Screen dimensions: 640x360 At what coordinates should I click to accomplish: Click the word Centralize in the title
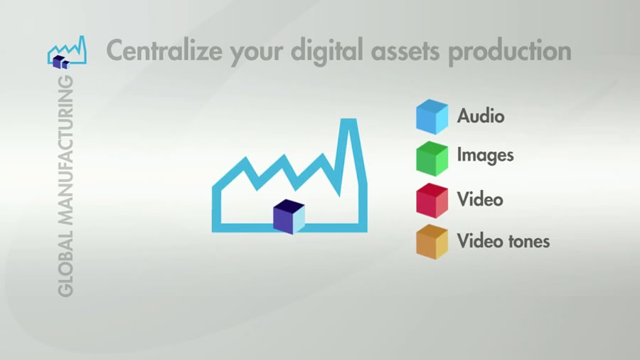pyautogui.click(x=164, y=51)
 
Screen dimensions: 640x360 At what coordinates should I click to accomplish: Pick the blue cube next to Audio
pyautogui.click(x=432, y=117)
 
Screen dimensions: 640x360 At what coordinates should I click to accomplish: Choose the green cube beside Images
pyautogui.click(x=432, y=159)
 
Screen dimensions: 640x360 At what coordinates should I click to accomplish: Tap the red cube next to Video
pyautogui.click(x=432, y=201)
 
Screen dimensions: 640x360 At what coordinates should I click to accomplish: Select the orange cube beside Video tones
pyautogui.click(x=432, y=242)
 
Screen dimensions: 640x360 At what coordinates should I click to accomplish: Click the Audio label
pyautogui.click(x=481, y=116)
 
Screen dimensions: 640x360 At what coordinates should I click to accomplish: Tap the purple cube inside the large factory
pyautogui.click(x=289, y=217)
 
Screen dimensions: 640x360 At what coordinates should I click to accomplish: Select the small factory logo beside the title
pyautogui.click(x=67, y=52)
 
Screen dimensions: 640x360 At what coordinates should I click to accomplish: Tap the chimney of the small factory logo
pyautogui.click(x=82, y=48)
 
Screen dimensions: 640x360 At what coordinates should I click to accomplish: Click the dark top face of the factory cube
pyautogui.click(x=289, y=206)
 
